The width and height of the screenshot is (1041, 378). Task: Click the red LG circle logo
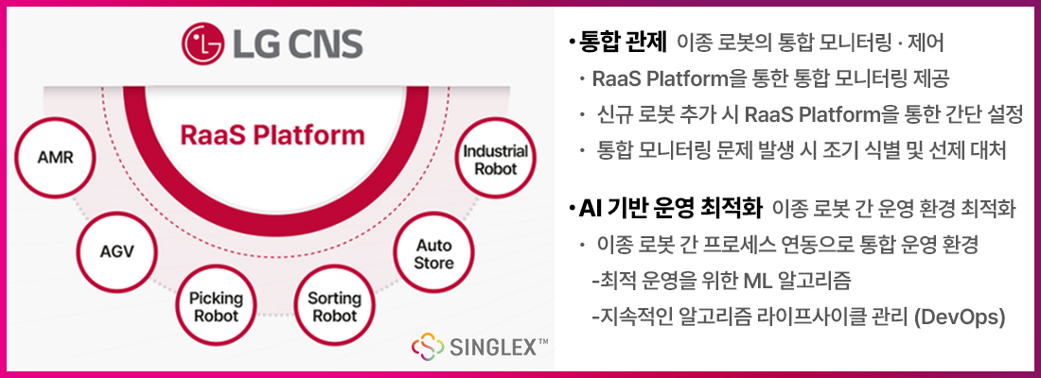click(x=200, y=43)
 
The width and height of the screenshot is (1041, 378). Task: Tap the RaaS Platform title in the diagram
click(x=273, y=136)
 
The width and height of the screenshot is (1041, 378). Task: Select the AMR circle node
click(x=56, y=156)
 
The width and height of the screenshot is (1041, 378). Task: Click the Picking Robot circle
click(x=216, y=306)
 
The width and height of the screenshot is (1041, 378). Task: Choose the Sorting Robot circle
click(x=334, y=306)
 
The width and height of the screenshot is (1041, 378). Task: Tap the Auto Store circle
click(x=433, y=252)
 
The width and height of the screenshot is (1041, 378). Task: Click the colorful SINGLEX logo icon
click(x=428, y=347)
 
